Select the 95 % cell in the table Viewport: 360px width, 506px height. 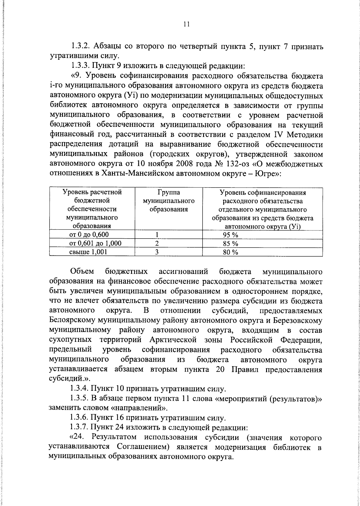[x=230, y=235]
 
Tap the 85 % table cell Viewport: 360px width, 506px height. [x=230, y=243]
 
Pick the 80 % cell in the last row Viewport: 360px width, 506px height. [x=230, y=252]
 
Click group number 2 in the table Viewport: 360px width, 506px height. [x=156, y=243]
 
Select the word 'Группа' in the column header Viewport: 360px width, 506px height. [x=168, y=192]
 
